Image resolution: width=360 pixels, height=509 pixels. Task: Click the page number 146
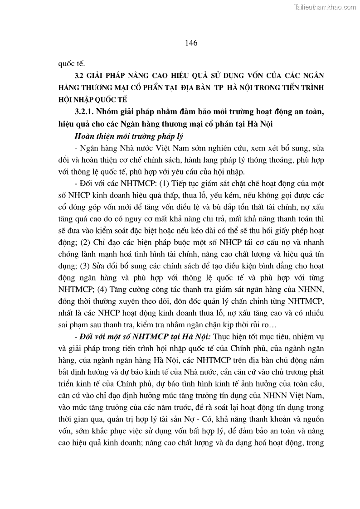click(191, 43)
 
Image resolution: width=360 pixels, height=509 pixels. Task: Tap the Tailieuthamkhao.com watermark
click(325, 7)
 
